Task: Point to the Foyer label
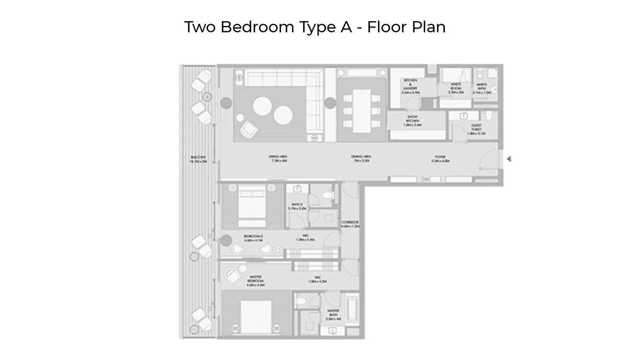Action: tap(440, 159)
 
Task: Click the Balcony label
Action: tap(198, 159)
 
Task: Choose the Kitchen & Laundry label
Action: tap(410, 86)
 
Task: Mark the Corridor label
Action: tap(350, 224)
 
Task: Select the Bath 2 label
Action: tap(297, 206)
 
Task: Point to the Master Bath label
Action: tap(333, 316)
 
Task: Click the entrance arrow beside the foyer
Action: tap(509, 159)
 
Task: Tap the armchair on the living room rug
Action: tap(248, 128)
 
